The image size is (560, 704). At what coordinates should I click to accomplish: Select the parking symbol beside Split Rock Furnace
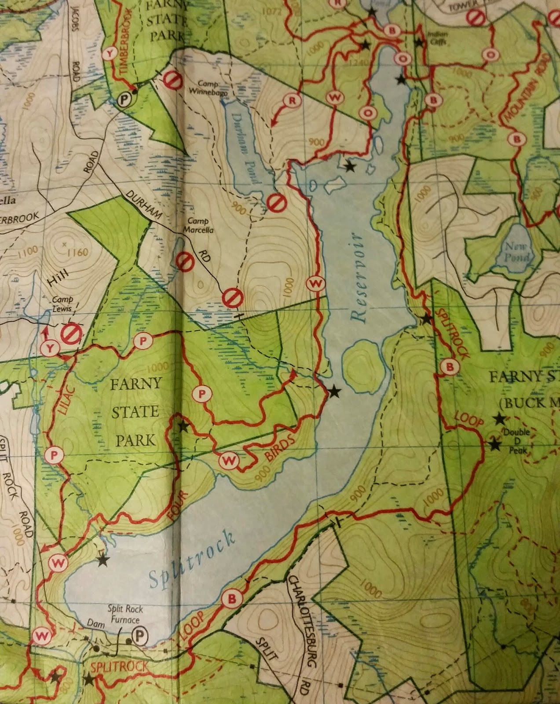click(139, 636)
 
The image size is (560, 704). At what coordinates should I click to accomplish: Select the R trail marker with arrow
click(292, 101)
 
